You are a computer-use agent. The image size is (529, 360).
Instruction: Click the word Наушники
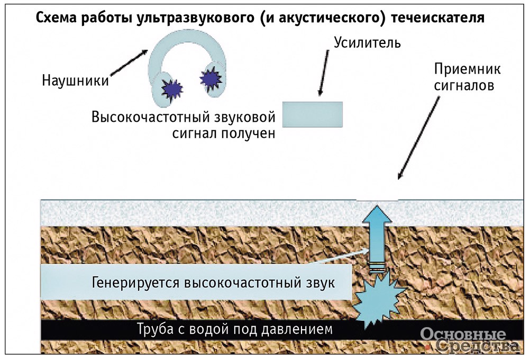pyautogui.click(x=75, y=81)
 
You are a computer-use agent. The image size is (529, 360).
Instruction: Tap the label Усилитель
pyautogui.click(x=367, y=42)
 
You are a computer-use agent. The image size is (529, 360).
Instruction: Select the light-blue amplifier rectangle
pyautogui.click(x=312, y=114)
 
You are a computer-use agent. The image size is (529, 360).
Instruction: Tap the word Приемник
pyautogui.click(x=467, y=70)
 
